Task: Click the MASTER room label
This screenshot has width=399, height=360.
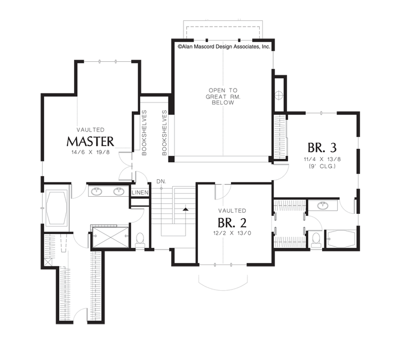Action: (x=90, y=141)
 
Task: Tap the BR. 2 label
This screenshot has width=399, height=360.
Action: (x=232, y=223)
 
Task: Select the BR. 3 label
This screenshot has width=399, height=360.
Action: (x=322, y=147)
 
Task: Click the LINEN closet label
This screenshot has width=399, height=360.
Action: (x=140, y=193)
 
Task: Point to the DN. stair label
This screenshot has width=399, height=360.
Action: (x=161, y=181)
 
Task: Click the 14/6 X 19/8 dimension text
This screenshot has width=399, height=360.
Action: (x=91, y=153)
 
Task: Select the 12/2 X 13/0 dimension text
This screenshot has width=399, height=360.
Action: (x=232, y=233)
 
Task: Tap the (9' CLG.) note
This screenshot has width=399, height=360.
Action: (x=322, y=166)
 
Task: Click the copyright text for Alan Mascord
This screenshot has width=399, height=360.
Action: (x=224, y=47)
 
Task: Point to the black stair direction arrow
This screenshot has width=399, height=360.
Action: (x=186, y=209)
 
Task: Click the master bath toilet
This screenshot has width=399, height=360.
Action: (x=140, y=241)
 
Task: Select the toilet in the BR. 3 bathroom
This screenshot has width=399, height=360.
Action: (x=316, y=240)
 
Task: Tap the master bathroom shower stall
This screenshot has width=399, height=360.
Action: (x=111, y=237)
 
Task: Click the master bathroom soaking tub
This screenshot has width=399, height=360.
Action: (x=57, y=208)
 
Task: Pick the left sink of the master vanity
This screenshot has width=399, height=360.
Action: (x=97, y=191)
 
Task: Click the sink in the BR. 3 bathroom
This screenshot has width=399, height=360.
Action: (x=323, y=205)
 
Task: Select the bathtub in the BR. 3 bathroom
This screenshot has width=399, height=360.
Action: (x=341, y=239)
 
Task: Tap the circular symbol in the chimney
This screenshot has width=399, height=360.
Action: (x=279, y=95)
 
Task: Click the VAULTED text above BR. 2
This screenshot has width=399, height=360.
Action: (x=232, y=211)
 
